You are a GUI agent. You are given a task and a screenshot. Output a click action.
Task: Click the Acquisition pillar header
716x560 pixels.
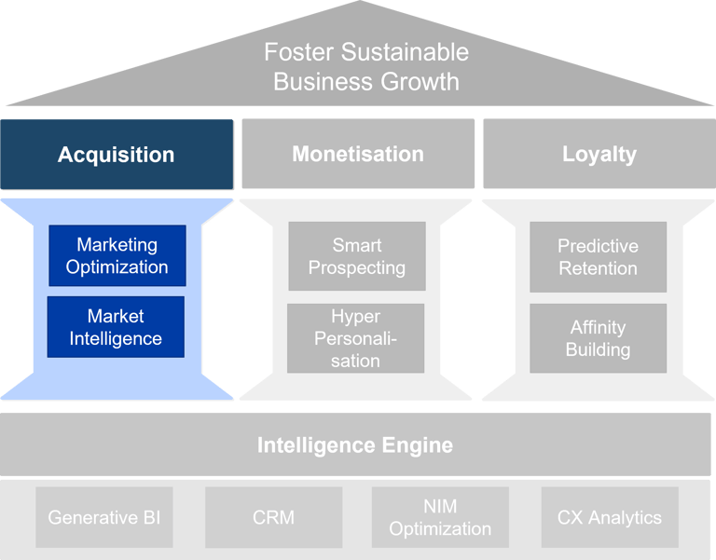pos(117,154)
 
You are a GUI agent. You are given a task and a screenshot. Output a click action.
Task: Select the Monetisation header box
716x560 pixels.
pos(358,154)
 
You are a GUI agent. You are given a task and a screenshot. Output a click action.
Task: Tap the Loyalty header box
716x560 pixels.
pos(599,154)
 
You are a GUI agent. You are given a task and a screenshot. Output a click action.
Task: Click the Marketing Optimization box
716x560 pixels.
pos(117,255)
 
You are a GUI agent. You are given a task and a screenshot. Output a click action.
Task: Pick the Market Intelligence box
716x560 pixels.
pos(117,327)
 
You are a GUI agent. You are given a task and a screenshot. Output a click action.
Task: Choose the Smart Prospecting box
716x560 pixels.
pos(356,256)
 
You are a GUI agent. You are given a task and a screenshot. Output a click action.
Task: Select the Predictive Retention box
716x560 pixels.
pos(598,257)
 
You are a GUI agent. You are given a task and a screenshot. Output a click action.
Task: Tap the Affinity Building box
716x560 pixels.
pos(599,338)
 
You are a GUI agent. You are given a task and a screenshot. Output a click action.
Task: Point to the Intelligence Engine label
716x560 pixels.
pos(355,445)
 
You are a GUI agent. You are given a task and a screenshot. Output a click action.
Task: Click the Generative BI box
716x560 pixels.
pos(104,517)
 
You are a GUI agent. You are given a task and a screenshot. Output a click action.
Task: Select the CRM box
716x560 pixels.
pos(273,517)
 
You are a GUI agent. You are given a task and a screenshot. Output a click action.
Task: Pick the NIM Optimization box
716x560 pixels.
pos(440,517)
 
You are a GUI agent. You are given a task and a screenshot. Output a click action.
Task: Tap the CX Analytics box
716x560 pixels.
pos(610,517)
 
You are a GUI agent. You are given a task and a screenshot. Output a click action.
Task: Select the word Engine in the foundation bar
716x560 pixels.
pos(418,445)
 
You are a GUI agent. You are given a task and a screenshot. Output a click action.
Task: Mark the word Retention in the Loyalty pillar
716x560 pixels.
pos(598,268)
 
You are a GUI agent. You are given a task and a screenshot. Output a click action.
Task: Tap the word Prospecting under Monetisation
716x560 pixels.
pos(356,267)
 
